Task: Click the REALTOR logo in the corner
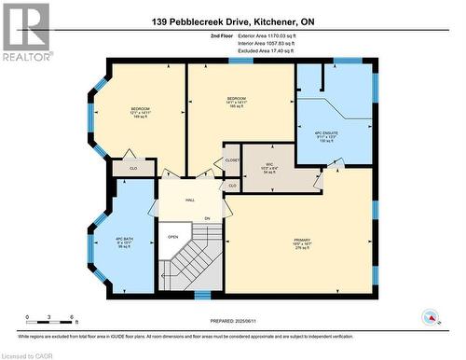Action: pyautogui.click(x=26, y=31)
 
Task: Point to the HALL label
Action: pyautogui.click(x=189, y=200)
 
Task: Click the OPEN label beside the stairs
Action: pyautogui.click(x=172, y=236)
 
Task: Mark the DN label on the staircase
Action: pyautogui.click(x=208, y=218)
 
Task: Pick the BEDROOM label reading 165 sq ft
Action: pyautogui.click(x=237, y=102)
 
